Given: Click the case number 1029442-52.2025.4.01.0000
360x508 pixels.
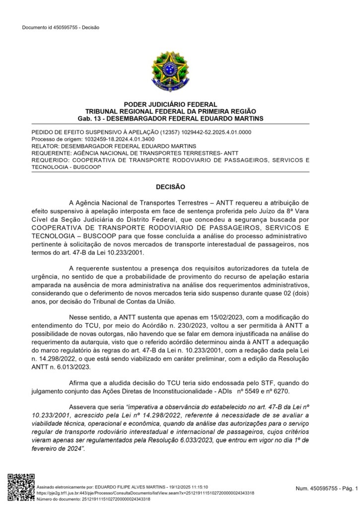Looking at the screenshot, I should [216, 132].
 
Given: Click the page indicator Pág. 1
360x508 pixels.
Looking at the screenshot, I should [348, 489].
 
